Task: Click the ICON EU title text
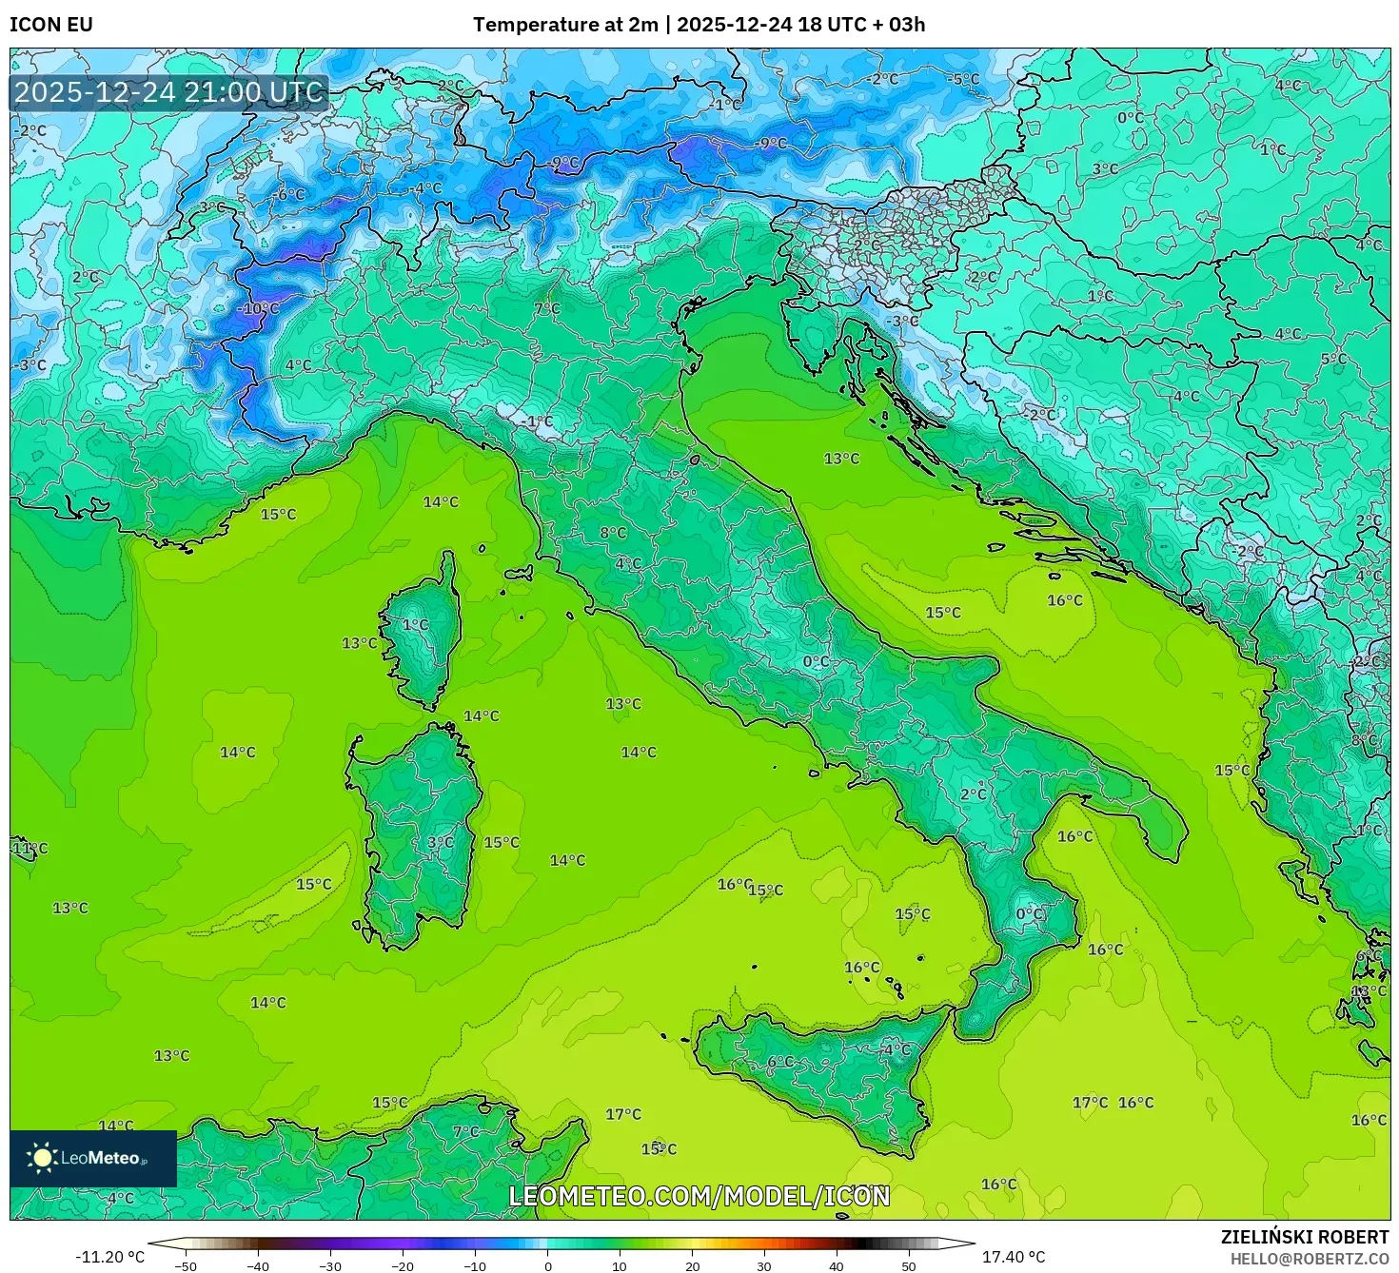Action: pyautogui.click(x=51, y=25)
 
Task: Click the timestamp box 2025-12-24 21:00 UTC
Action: pyautogui.click(x=168, y=92)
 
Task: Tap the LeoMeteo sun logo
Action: pyautogui.click(x=42, y=1158)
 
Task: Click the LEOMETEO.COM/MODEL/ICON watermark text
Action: pyautogui.click(x=699, y=1196)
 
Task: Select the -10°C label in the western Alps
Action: pyautogui.click(x=258, y=309)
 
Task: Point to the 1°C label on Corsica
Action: pyautogui.click(x=415, y=625)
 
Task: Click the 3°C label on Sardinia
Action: pyautogui.click(x=440, y=843)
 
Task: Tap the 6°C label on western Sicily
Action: pyautogui.click(x=780, y=1062)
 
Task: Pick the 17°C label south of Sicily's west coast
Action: pyautogui.click(x=623, y=1114)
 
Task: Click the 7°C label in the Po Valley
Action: pyautogui.click(x=547, y=309)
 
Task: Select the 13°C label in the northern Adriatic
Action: pyautogui.click(x=841, y=459)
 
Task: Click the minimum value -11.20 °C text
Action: pyautogui.click(x=110, y=1257)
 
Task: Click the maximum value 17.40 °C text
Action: pyautogui.click(x=1014, y=1257)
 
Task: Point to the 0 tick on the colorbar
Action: pyautogui.click(x=547, y=1266)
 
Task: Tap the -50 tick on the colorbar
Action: pyautogui.click(x=186, y=1266)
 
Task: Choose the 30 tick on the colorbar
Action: pyautogui.click(x=764, y=1266)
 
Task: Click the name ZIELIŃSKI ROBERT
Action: pyautogui.click(x=1305, y=1237)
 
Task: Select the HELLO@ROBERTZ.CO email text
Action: pyautogui.click(x=1309, y=1258)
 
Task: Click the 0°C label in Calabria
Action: pyautogui.click(x=1030, y=914)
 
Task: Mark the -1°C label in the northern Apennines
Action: pyautogui.click(x=537, y=421)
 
